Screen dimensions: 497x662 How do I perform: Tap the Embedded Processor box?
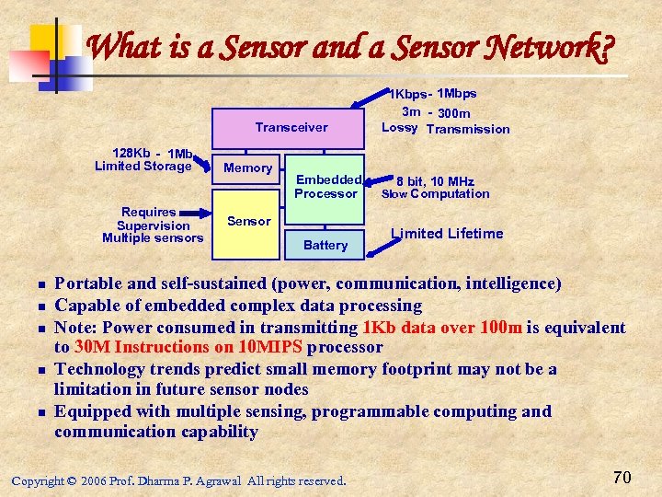coord(325,187)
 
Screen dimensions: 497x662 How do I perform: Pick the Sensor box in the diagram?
coord(247,221)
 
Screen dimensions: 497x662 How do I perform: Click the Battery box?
coord(325,245)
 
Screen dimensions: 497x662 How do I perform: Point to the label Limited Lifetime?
coord(447,234)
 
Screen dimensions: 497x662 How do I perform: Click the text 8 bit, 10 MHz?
coord(435,181)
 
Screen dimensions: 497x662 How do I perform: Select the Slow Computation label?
coord(435,194)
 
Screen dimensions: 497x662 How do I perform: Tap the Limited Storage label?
coord(143,166)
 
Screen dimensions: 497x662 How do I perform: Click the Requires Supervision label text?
coord(153,219)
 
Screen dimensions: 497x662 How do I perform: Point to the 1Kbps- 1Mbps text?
coord(433,94)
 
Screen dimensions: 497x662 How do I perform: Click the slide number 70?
coord(622,476)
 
